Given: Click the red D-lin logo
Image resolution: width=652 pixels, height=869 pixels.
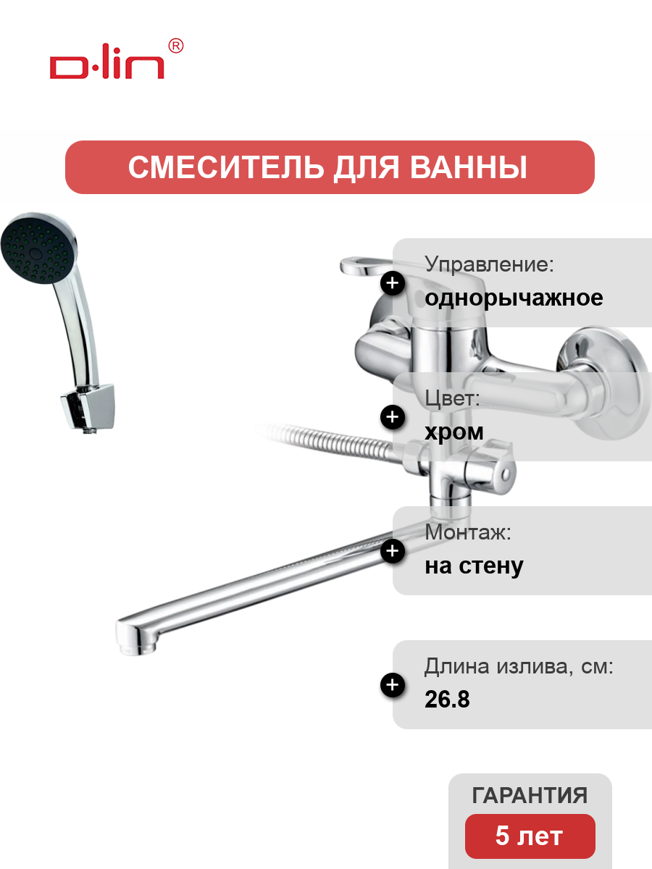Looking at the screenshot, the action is [x=107, y=62].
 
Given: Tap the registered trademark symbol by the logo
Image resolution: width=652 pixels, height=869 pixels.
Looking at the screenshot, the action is [x=176, y=46].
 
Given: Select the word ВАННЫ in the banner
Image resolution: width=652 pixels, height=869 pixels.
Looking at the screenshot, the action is [x=468, y=167].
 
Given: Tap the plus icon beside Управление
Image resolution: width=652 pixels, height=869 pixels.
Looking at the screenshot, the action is [x=393, y=283].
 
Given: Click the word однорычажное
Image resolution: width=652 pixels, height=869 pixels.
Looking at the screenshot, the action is [x=514, y=298].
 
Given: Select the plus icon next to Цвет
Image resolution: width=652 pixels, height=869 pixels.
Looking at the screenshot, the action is [x=393, y=417].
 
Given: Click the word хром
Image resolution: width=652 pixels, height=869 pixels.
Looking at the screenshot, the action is [x=454, y=432].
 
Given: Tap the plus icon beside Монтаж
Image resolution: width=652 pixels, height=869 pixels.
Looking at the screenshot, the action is [x=393, y=550].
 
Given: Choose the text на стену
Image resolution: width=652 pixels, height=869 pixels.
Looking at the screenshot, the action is [x=474, y=566].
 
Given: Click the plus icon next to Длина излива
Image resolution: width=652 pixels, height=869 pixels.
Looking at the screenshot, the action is [x=393, y=685].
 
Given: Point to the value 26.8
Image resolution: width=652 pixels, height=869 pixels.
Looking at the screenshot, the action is [x=447, y=699].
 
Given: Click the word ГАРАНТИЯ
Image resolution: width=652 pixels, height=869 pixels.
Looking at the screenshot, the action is [x=530, y=795].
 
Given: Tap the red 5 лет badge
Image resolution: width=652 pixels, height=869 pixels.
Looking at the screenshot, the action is [x=530, y=836].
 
